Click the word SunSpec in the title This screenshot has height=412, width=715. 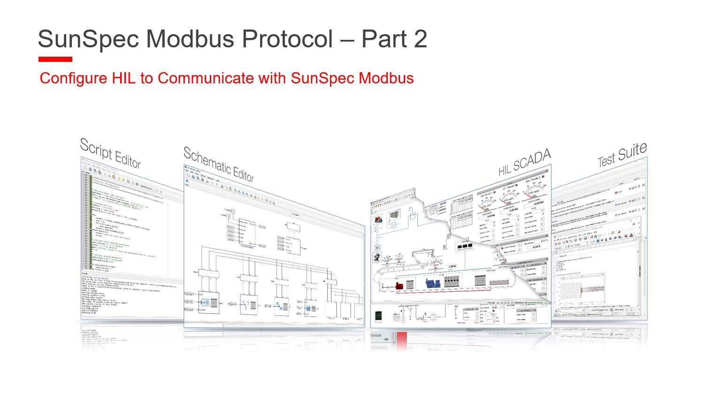click(88, 39)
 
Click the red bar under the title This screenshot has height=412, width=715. click(55, 60)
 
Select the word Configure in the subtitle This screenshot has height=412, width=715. click(73, 78)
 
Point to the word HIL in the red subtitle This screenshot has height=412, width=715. click(123, 78)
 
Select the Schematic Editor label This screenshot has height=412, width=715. click(218, 165)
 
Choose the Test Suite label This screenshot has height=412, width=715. click(622, 155)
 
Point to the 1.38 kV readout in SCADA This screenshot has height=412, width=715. click(452, 266)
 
